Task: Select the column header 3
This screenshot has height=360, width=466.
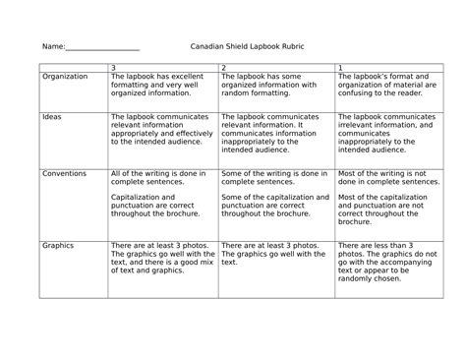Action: (114, 67)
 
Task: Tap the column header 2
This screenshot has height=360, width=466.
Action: (224, 67)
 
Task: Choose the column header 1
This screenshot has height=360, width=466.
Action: (340, 67)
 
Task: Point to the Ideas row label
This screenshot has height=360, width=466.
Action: (51, 116)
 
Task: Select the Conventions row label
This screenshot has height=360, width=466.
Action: (64, 173)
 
